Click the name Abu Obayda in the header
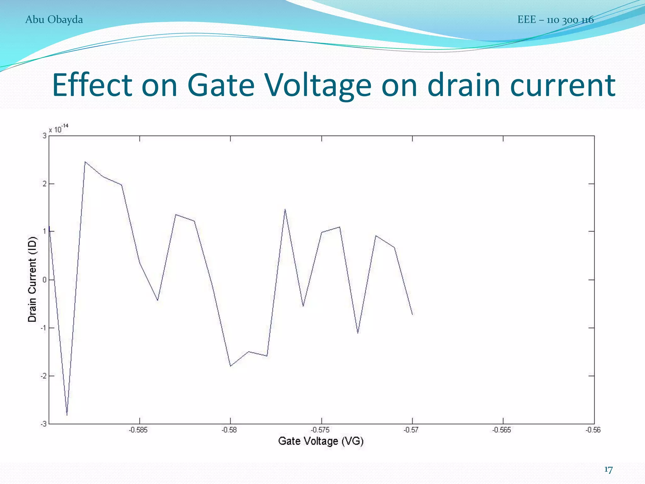tap(54, 20)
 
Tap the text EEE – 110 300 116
tap(555, 20)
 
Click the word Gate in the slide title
tap(221, 85)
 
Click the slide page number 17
tap(608, 470)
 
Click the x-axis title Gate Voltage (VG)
tap(321, 441)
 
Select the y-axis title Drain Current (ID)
tap(32, 279)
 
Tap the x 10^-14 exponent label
tap(59, 129)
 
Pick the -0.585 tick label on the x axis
tap(138, 430)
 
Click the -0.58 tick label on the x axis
tap(229, 430)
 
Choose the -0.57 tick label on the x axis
tap(411, 430)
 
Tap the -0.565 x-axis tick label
tap(502, 430)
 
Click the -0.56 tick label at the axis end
tap(593, 430)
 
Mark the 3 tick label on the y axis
tap(44, 135)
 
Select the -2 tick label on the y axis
tap(43, 376)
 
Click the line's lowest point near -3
tap(67, 415)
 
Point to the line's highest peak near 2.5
tap(85, 162)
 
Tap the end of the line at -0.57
tap(412, 314)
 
